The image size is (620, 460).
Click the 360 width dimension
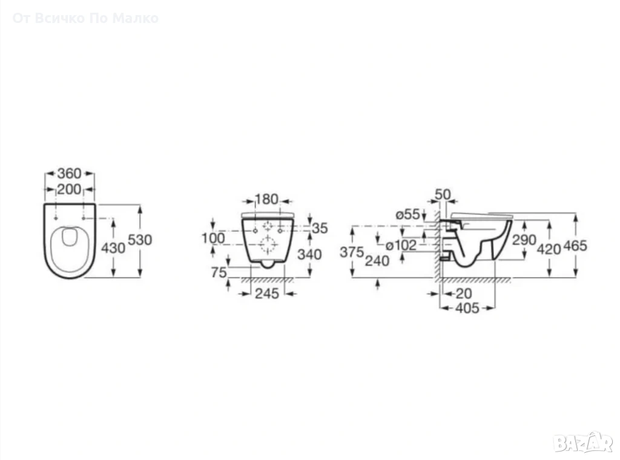(x=69, y=174)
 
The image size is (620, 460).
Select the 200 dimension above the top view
(x=69, y=189)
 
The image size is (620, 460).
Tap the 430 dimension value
(x=113, y=248)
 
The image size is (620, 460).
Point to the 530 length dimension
(x=140, y=240)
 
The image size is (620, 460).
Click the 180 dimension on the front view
(x=266, y=199)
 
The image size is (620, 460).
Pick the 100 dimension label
(x=213, y=238)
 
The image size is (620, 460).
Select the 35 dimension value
(x=320, y=228)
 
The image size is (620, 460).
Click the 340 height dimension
(x=309, y=254)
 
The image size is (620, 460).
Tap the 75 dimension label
(x=219, y=272)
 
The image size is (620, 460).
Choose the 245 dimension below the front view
(x=266, y=294)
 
